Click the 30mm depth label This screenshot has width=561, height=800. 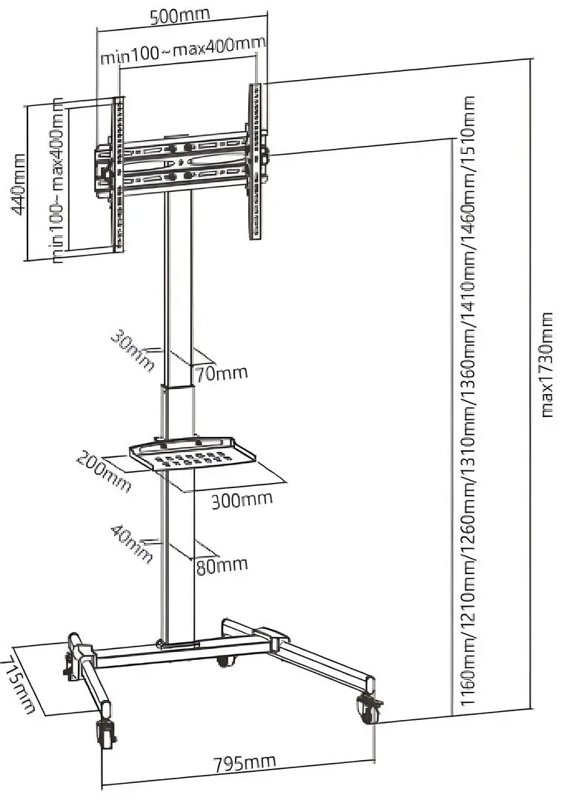pos(134,350)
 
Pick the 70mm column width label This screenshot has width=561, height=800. pos(222,373)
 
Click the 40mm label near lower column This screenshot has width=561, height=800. pos(131,543)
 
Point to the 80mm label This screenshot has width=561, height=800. pos(222,565)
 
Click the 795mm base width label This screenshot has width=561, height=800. pos(245,761)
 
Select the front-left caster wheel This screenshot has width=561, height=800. pos(104,736)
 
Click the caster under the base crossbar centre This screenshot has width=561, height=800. pos(224,661)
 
